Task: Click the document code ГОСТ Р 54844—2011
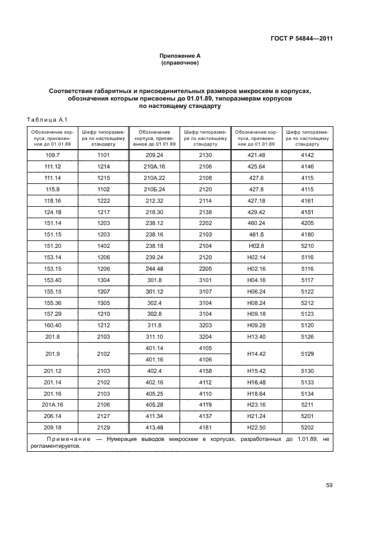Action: [x=301, y=39]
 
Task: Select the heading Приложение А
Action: [x=180, y=55]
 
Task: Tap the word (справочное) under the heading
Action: [x=180, y=63]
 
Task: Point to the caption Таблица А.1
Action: [x=47, y=119]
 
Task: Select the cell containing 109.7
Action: [x=53, y=155]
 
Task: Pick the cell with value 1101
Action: [x=104, y=155]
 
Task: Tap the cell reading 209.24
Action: [x=154, y=155]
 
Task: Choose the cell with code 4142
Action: [x=308, y=155]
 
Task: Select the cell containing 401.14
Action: [x=154, y=348]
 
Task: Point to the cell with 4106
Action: [x=205, y=360]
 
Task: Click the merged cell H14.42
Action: [x=257, y=354]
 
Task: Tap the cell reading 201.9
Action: [x=53, y=354]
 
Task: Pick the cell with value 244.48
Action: [x=154, y=269]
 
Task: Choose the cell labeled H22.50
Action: [x=257, y=428]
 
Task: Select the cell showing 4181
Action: [x=205, y=428]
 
